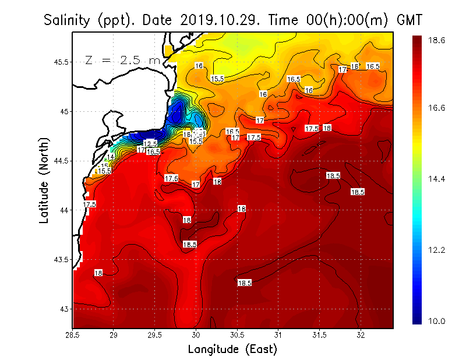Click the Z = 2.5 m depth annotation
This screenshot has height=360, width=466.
point(123,60)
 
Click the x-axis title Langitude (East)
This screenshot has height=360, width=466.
point(232,350)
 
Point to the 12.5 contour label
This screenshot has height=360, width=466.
point(150,144)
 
